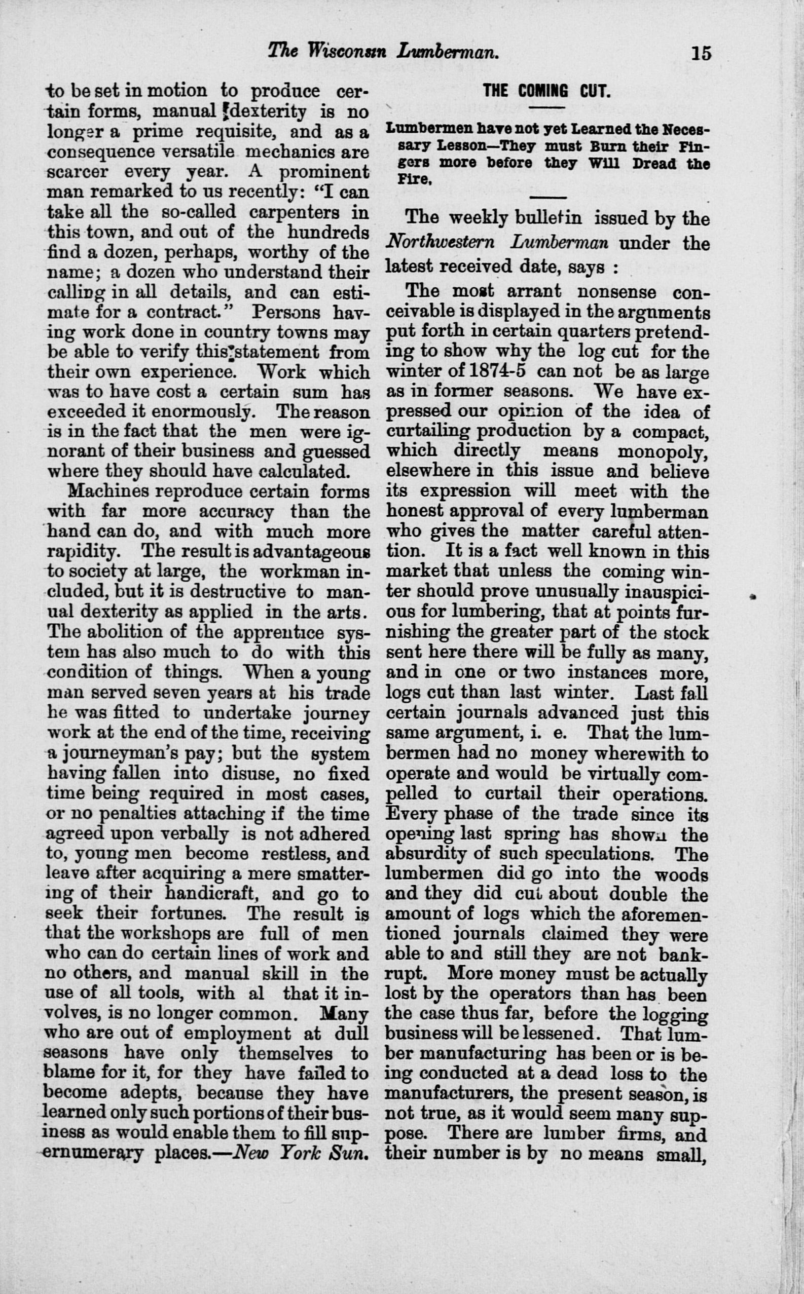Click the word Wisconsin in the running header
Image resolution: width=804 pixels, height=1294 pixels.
click(348, 51)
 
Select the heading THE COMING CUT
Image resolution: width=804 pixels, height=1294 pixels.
click(546, 91)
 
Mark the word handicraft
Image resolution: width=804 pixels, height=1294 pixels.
click(212, 894)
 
